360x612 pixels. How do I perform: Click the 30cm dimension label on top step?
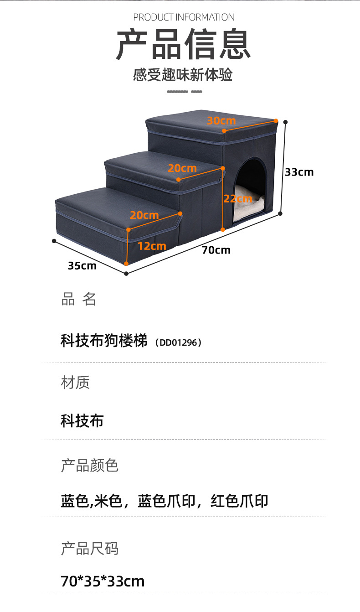coord(221,121)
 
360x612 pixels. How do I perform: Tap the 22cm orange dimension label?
coord(237,199)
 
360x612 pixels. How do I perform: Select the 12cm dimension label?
coord(152,246)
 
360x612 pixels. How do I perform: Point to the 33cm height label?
coord(299,172)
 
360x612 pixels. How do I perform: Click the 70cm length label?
coord(216,250)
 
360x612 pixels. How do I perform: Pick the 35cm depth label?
coord(82,265)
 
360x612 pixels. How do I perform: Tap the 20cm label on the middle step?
coord(182,168)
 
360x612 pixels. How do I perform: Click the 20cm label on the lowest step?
coord(144,215)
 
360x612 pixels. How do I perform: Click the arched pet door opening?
coord(250,182)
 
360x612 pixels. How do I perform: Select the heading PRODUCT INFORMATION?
coord(184,17)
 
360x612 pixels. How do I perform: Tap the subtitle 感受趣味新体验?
coord(183,75)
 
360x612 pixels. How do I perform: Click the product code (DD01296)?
coord(178,342)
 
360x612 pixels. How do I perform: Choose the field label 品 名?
coord(78,299)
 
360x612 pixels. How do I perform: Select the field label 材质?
coord(75,382)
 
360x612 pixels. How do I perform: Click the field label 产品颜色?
coord(89,465)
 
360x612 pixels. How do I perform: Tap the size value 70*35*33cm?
coord(103,581)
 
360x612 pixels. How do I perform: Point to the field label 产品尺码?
coord(89,548)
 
